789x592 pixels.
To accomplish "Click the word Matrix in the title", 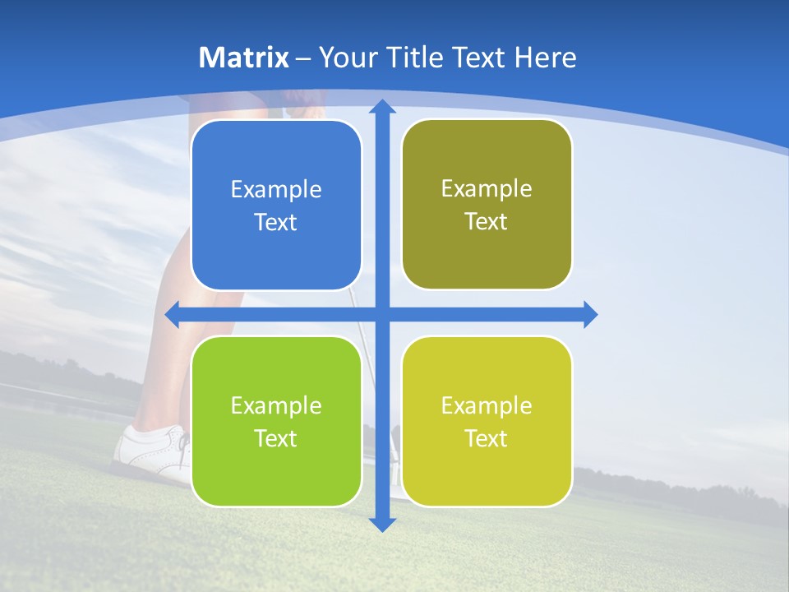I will point(244,58).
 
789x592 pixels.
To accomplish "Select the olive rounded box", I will point(487,255).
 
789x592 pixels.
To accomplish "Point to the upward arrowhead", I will point(382,107).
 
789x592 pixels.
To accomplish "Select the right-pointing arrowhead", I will point(589,314).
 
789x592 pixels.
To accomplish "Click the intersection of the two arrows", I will point(382,314).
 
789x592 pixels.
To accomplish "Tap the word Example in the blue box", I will point(276,190).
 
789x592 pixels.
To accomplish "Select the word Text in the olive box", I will point(487,222).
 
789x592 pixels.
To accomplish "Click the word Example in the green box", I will point(276,406).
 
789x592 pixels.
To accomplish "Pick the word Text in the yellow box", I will point(487,439).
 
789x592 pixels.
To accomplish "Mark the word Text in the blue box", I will point(276,223).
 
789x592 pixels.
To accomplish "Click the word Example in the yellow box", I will point(487,406).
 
